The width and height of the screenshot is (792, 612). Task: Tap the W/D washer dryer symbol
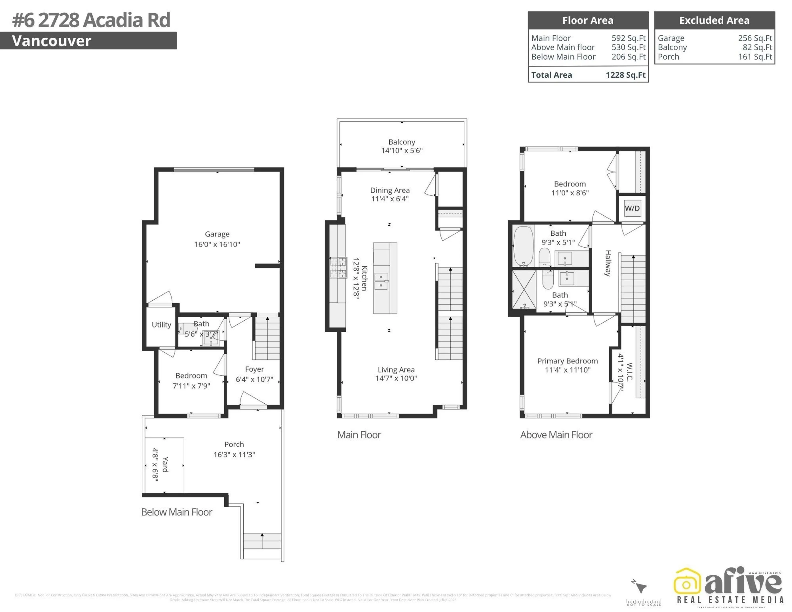(632, 208)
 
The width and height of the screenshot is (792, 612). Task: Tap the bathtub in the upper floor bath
(523, 246)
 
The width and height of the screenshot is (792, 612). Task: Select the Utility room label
(161, 325)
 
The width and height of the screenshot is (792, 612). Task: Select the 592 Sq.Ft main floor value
(628, 38)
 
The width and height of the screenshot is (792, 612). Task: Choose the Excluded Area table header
(714, 20)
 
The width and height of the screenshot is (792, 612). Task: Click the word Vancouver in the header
(52, 41)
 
